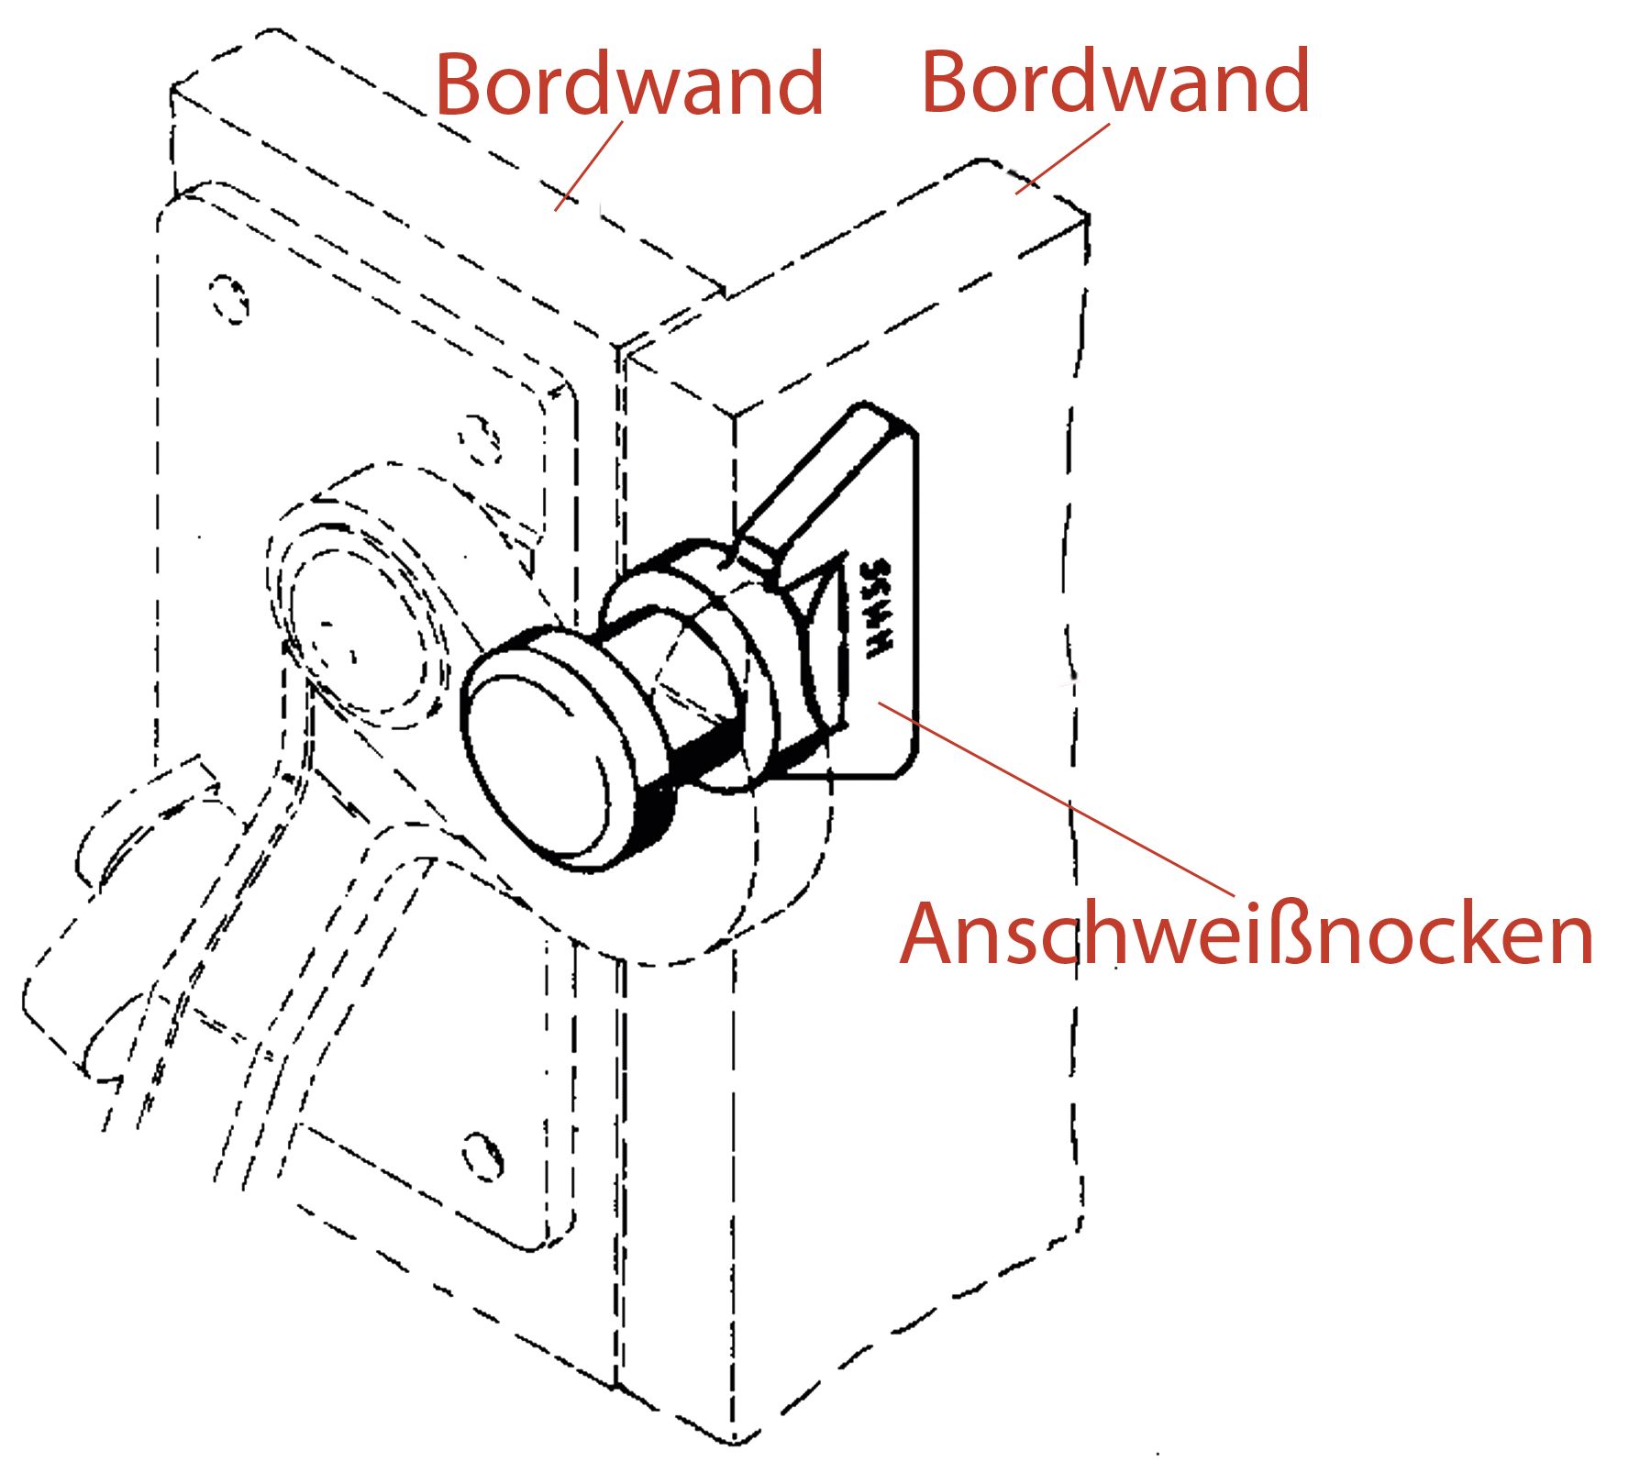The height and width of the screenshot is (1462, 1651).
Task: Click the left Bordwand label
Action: coord(629,84)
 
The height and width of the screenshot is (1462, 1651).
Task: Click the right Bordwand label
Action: coord(1115,83)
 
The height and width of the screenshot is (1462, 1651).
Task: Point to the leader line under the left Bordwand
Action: coord(589,165)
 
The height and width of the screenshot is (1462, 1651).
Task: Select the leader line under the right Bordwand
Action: coord(1062,159)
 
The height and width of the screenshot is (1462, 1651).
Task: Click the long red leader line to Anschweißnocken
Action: coord(1055,798)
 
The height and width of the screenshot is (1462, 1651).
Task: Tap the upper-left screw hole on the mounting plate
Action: coord(228,299)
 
